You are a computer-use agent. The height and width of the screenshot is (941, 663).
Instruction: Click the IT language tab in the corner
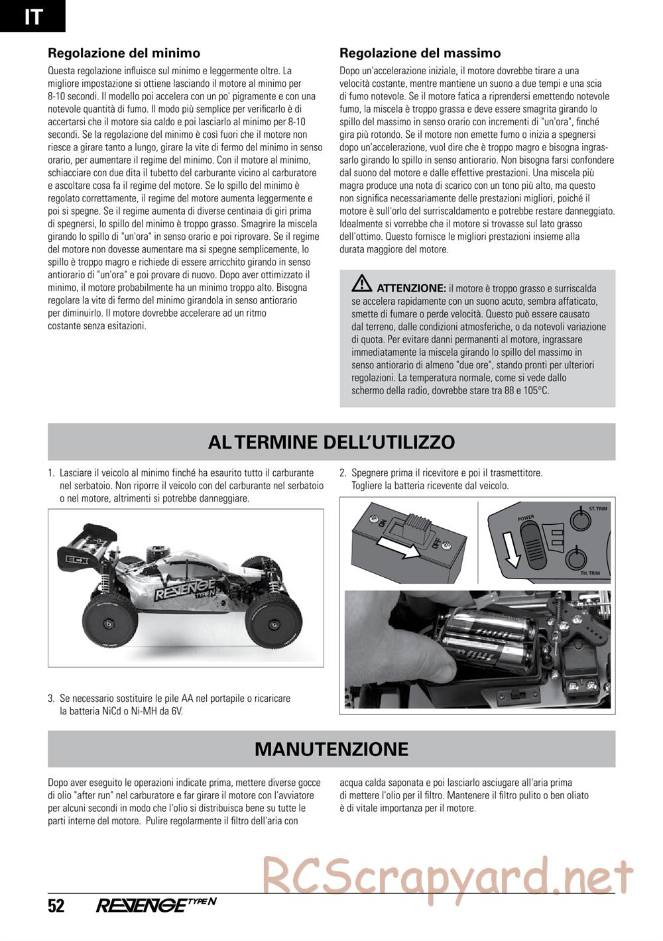[x=32, y=16]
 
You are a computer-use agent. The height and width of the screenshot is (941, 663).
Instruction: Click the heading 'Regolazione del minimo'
[x=124, y=53]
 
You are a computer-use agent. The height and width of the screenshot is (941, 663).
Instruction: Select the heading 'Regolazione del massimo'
[x=420, y=53]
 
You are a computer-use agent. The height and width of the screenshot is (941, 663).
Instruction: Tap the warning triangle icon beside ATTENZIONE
[x=362, y=284]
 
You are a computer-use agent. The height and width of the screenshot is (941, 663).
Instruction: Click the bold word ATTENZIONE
[x=411, y=288]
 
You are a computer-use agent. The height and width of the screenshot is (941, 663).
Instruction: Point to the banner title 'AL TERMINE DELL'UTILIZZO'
[x=331, y=442]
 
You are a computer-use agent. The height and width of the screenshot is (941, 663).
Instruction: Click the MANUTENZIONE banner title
[x=331, y=749]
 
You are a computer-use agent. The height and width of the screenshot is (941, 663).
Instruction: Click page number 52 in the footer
[x=56, y=905]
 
